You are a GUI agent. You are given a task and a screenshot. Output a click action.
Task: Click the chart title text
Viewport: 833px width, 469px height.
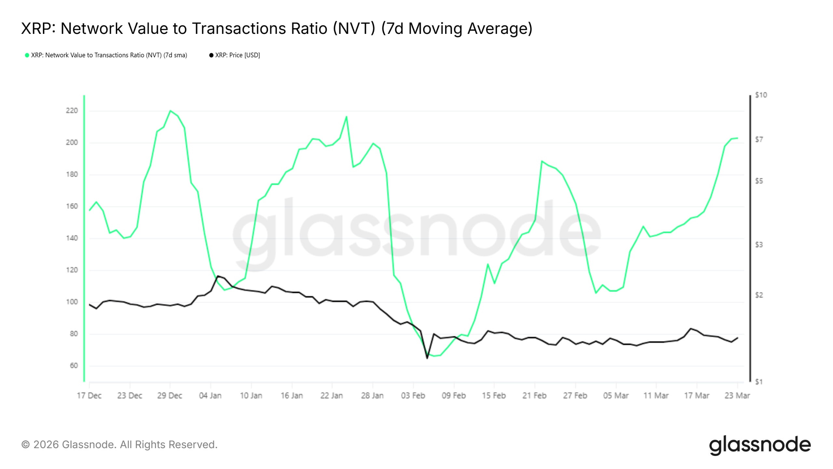[x=277, y=29]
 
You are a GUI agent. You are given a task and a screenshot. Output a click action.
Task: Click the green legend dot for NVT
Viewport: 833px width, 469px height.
[x=27, y=55]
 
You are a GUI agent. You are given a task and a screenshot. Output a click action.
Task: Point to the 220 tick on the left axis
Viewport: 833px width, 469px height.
[x=72, y=111]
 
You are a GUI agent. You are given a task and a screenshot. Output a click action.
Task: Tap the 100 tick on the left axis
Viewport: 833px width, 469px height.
[x=72, y=302]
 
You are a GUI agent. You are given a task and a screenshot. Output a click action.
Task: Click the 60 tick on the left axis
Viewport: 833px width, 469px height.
[x=74, y=366]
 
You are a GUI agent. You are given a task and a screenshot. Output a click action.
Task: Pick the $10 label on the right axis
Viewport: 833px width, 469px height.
[x=761, y=95]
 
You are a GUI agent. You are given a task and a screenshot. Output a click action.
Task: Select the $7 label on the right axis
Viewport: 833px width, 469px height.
[x=759, y=140]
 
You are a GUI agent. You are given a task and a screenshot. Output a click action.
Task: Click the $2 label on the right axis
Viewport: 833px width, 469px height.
[x=759, y=295]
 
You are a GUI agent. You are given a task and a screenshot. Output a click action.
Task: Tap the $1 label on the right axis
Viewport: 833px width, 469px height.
[x=758, y=382]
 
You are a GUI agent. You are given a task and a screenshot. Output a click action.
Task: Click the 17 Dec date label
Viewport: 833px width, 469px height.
[x=89, y=396]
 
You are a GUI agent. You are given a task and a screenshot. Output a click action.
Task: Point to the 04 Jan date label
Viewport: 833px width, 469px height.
[x=210, y=396]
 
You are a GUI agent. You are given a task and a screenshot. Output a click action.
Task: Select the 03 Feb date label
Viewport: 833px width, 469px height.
[x=413, y=396]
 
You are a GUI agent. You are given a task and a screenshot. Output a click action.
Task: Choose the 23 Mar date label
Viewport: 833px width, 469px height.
[x=737, y=396]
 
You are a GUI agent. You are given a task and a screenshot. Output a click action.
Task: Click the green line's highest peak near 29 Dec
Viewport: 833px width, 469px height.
[x=170, y=111]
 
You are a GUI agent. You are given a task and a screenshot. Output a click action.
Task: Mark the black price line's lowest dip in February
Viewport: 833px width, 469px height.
[x=427, y=358]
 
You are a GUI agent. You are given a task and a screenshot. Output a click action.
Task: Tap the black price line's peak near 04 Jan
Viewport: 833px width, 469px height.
[x=218, y=276]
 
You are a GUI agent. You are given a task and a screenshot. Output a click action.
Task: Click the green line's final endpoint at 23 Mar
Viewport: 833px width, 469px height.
[x=737, y=138]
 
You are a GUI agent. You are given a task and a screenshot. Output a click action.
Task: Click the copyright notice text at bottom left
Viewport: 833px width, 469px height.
[x=119, y=445]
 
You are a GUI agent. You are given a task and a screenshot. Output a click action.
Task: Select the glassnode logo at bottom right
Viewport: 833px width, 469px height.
[x=760, y=445]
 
